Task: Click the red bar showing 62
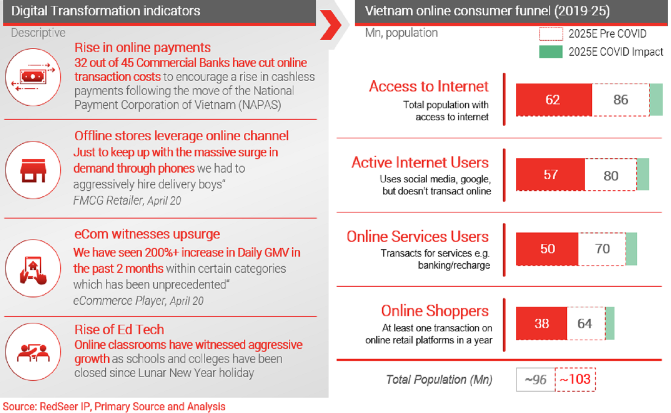(x=554, y=100)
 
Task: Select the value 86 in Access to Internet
(x=620, y=100)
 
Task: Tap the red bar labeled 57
(x=550, y=174)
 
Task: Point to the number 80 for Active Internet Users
(x=611, y=176)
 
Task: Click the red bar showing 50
(x=547, y=249)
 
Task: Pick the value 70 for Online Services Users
(x=602, y=249)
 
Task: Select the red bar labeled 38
(x=542, y=323)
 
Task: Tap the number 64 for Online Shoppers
(x=584, y=323)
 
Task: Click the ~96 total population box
(x=536, y=380)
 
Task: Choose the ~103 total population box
(x=575, y=380)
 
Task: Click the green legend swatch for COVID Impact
(x=551, y=52)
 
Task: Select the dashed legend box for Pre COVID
(x=551, y=34)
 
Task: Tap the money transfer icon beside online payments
(x=33, y=77)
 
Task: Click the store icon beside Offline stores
(x=33, y=170)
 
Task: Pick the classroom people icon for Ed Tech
(x=33, y=352)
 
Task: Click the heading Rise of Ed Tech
(x=119, y=329)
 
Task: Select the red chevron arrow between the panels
(x=331, y=25)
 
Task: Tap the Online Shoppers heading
(x=435, y=311)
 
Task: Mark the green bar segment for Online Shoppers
(x=610, y=323)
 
